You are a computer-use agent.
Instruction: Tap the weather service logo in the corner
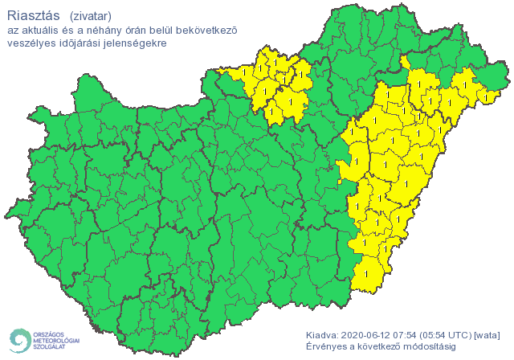pyautogui.click(x=43, y=340)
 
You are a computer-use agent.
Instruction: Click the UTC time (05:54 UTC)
pyautogui.click(x=449, y=334)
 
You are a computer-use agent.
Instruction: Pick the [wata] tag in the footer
pyautogui.click(x=487, y=334)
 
